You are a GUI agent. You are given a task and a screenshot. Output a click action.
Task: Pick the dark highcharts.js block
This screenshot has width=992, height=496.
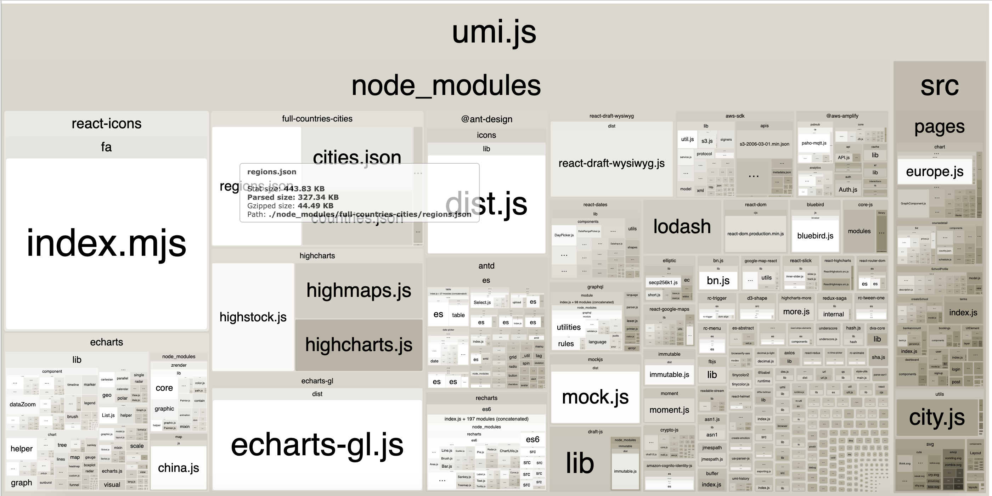359,345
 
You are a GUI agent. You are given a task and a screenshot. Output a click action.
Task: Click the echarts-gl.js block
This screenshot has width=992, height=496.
317,445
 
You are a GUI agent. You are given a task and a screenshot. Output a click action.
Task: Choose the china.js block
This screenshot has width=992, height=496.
178,468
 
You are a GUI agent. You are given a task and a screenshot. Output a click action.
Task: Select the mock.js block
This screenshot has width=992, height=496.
595,397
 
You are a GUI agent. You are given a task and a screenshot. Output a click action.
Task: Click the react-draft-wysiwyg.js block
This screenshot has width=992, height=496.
611,163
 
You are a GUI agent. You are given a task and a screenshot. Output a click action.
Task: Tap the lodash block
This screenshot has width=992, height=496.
682,226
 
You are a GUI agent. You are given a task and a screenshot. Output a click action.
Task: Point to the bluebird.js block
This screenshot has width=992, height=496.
815,236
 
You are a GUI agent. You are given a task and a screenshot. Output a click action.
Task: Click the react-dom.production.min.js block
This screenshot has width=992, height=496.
755,234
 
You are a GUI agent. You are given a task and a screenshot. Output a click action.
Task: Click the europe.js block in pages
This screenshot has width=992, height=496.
935,171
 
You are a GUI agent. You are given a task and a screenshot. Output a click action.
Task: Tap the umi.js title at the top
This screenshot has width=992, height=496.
494,32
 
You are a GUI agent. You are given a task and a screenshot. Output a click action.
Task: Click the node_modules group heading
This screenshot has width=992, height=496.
446,85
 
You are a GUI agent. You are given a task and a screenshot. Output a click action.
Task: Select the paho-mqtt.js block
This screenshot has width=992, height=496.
814,143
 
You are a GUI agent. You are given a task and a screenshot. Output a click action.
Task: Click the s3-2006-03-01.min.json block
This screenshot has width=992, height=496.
765,144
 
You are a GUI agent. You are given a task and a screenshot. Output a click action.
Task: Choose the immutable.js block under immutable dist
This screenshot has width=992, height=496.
669,375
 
